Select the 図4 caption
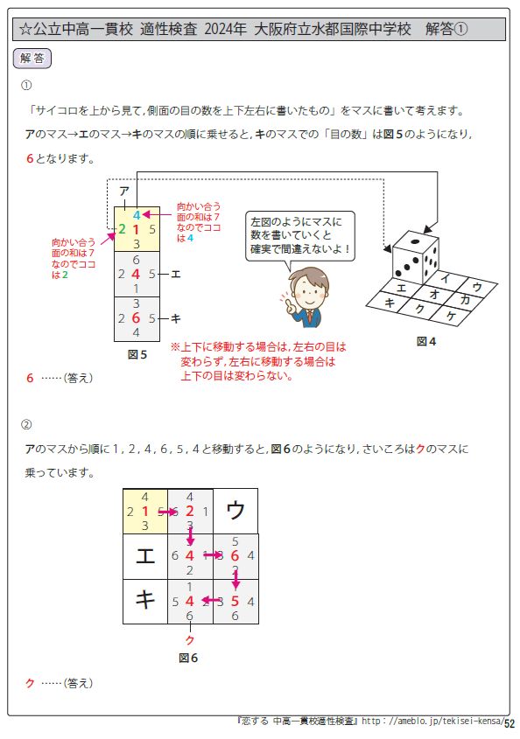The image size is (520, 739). pos(425,341)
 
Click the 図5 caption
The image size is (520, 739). pos(137,354)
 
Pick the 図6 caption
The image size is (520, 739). pos(189,656)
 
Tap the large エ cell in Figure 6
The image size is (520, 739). pos(144,555)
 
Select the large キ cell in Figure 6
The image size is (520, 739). pos(144,601)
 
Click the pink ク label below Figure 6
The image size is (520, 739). pos(190,640)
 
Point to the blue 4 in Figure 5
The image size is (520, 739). pos(137,214)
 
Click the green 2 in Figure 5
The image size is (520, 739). pos(122,229)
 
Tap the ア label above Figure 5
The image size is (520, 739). pos(124,191)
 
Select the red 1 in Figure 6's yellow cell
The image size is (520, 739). pos(144,511)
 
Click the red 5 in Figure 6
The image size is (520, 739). pos(235,601)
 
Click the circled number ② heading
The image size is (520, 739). pos(26,425)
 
